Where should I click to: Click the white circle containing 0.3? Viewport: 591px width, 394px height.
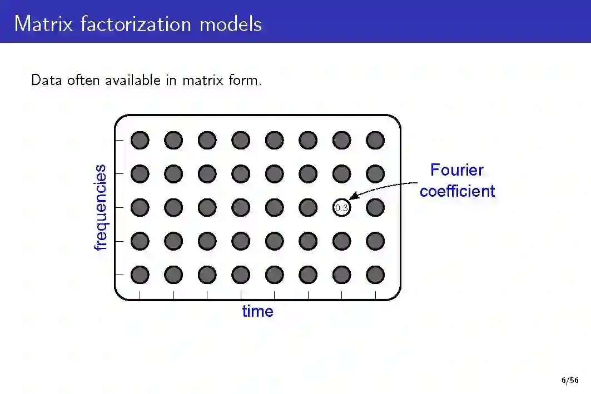tap(341, 208)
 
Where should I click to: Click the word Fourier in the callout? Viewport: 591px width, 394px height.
tap(457, 170)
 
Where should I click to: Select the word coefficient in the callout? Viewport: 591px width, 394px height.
tap(457, 191)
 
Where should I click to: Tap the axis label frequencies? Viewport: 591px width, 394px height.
tap(101, 207)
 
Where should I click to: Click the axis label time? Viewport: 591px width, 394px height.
tap(257, 311)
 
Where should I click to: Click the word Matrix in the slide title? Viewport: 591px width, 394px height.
tap(44, 24)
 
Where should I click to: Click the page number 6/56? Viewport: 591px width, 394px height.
tap(569, 381)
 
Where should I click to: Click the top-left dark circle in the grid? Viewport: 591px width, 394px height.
tap(140, 140)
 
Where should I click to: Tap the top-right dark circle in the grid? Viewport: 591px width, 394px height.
tap(375, 140)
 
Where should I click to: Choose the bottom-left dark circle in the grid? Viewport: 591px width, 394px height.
tap(140, 275)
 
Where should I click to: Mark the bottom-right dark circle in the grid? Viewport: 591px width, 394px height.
tap(375, 275)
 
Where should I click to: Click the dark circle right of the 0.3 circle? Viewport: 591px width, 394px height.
tap(375, 208)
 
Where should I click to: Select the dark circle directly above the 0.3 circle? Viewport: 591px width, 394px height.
tap(341, 174)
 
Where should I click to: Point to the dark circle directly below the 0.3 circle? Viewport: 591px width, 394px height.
tap(341, 241)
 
